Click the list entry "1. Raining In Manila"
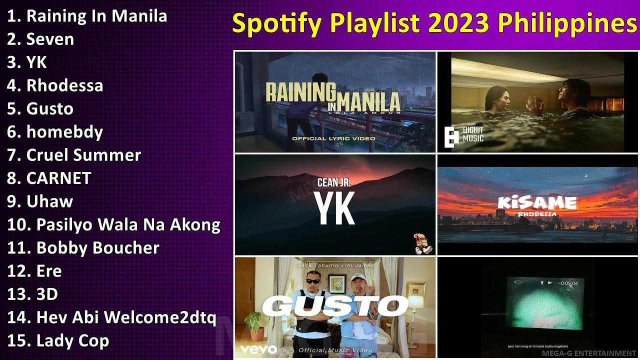[87, 16]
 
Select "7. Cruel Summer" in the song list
[74, 155]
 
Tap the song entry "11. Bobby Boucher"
[83, 248]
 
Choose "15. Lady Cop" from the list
[58, 341]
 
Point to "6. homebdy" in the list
[55, 132]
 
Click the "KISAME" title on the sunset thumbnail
[537, 203]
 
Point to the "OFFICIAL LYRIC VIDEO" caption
[333, 138]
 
